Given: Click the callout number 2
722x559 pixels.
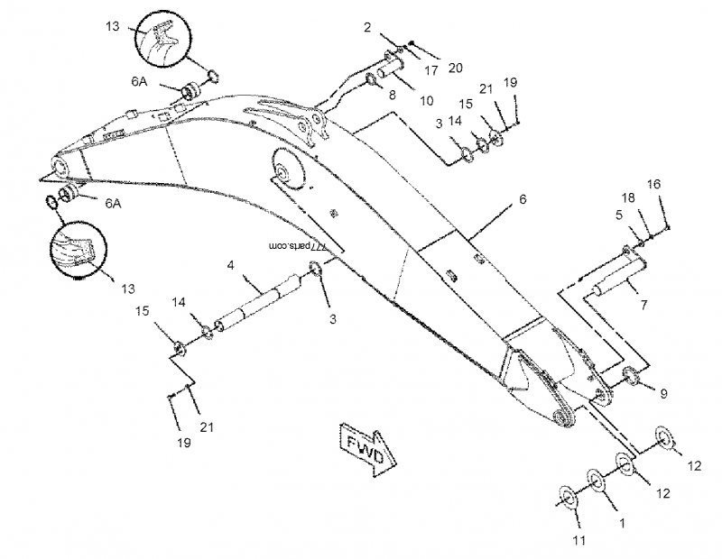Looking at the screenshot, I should coord(367,28).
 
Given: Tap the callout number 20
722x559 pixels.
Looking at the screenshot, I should coord(456,69).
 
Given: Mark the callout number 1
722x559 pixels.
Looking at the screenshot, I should coord(622,520).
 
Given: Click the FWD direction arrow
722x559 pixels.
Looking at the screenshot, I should coord(364,444).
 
